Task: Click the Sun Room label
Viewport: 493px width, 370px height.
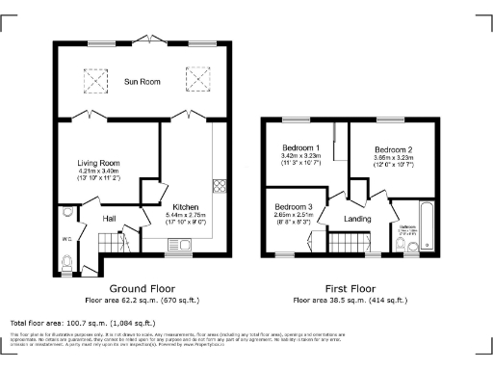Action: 143,83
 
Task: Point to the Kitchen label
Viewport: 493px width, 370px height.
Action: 186,207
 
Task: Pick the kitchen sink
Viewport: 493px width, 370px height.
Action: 186,243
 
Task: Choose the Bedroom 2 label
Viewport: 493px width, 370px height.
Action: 393,150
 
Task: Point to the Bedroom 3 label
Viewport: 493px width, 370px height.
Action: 293,207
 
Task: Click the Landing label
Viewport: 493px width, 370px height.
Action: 358,219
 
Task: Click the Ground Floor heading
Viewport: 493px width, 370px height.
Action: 143,289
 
